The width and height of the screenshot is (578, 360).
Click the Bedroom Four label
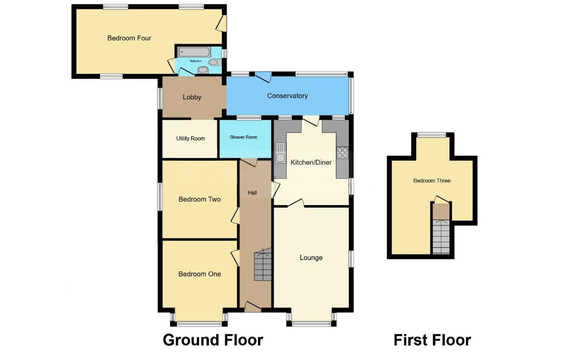pos(129,38)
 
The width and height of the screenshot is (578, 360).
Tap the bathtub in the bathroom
pos(194,52)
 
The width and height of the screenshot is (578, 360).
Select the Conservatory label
pos(287,96)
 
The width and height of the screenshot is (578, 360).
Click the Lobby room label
pos(192,97)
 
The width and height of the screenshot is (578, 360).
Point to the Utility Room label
pos(190,138)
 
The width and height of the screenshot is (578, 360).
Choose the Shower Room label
pos(244,137)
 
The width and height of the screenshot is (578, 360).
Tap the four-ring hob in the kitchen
pos(342,153)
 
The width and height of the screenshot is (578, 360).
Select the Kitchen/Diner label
pos(311,162)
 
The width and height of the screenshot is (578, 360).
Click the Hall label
pos(252,193)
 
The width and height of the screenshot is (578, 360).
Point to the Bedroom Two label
pos(200,199)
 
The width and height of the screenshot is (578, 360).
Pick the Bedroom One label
pos(200,274)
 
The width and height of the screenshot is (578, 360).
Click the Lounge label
pos(311,257)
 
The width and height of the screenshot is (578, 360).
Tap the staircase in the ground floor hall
pos(263,265)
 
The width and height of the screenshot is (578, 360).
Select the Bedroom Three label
pos(432,181)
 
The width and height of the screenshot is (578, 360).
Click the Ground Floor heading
pos(213,340)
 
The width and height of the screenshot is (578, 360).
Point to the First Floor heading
pos(432,340)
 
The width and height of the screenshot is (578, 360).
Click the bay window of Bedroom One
pos(200,324)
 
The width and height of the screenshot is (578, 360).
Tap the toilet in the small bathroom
pos(214,62)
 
